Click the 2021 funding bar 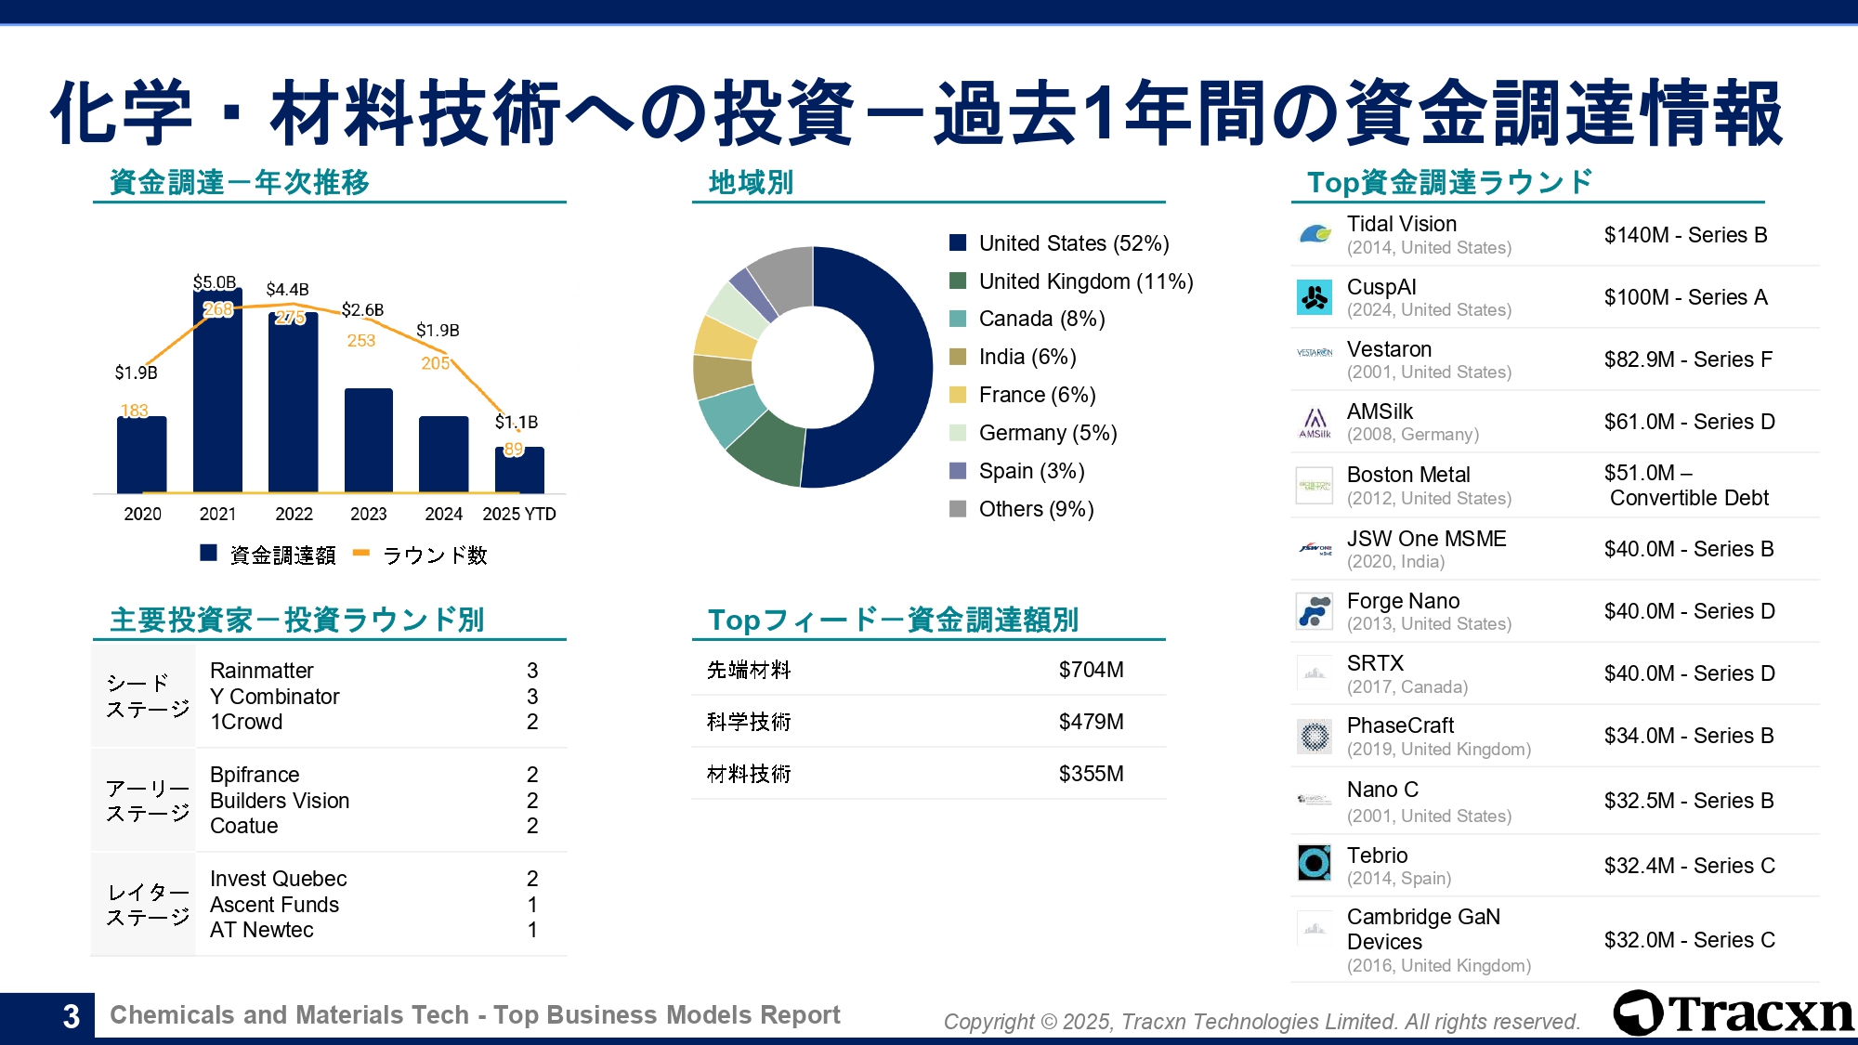[217, 399]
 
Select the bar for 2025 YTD [519, 472]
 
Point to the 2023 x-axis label [368, 514]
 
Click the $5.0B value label [215, 282]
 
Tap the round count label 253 [361, 341]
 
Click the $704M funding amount [1091, 670]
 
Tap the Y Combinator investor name [275, 697]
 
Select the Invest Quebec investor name [279, 879]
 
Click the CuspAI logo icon [1315, 297]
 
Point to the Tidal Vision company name [1402, 224]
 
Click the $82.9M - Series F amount [1688, 359]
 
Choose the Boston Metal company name [1408, 475]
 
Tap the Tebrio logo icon [1315, 863]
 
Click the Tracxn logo [1734, 1012]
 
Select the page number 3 [71, 1016]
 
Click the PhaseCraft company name [1400, 725]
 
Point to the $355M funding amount [1091, 774]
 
